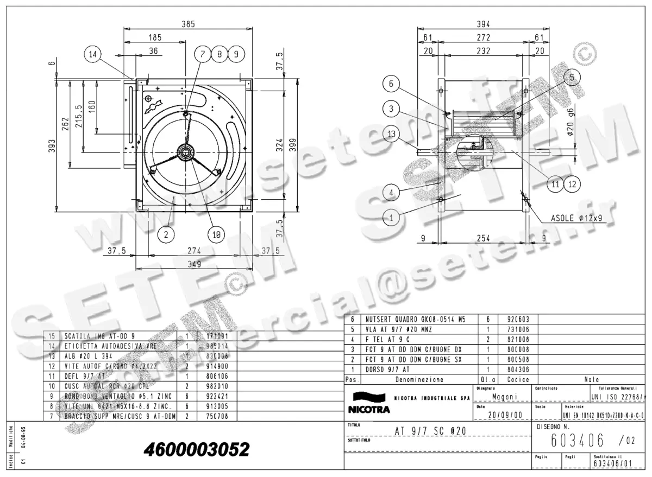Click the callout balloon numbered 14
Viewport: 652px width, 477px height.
pos(93,54)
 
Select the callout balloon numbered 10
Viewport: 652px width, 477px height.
pos(216,234)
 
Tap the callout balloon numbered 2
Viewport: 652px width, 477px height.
pos(166,234)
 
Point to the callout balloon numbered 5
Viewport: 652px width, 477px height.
pos(571,78)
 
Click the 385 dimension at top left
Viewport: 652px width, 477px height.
pos(187,24)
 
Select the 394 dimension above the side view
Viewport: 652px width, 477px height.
pos(483,24)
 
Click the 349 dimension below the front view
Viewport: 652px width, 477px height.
pos(194,264)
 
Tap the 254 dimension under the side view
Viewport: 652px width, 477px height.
pos(483,237)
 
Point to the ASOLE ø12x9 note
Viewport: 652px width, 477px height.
pos(576,218)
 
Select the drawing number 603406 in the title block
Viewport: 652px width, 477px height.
pos(577,440)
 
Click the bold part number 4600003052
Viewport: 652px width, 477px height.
pos(196,449)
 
